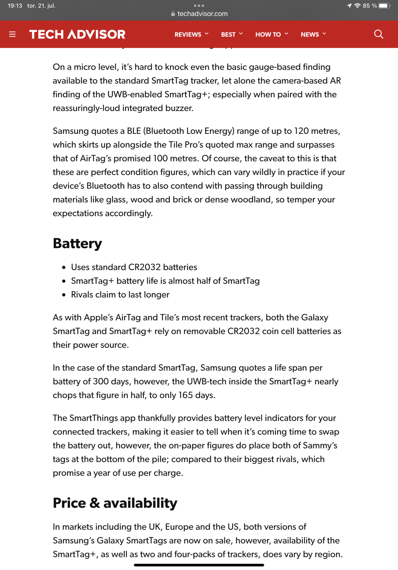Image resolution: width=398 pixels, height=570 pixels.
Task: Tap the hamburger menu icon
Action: [12, 34]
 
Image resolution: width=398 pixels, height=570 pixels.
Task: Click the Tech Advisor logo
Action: [77, 34]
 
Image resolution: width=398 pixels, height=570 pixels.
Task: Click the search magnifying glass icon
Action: [378, 34]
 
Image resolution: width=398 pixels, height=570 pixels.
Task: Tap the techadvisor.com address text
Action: [202, 14]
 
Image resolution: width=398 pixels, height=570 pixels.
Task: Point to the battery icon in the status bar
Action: [384, 6]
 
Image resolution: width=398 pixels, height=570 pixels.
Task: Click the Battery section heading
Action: [77, 243]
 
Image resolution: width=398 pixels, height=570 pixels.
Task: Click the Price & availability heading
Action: [115, 503]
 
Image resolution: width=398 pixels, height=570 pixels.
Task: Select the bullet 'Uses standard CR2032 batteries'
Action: [134, 267]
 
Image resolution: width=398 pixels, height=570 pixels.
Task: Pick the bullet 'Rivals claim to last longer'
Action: [120, 294]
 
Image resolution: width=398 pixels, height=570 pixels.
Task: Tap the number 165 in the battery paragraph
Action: [185, 395]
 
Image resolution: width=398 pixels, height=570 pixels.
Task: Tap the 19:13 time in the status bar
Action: [15, 6]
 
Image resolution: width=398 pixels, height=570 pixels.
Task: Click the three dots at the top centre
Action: [199, 6]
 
